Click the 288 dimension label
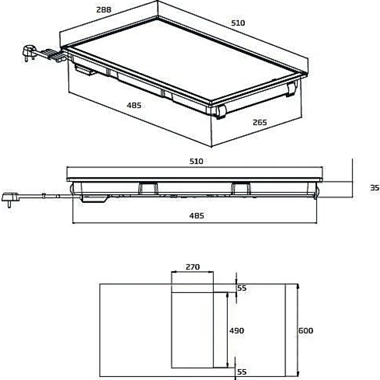coord(104,10)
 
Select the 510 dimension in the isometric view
coord(238,23)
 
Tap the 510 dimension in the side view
coord(196,161)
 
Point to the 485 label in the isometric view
coord(134,105)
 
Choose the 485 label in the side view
coord(196,216)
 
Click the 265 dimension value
coord(259,123)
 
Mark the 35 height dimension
coord(375,188)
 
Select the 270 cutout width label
coord(192,267)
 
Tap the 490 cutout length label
coord(236,331)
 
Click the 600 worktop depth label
coord(306,331)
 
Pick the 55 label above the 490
coord(242,288)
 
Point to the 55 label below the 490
coord(242,372)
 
